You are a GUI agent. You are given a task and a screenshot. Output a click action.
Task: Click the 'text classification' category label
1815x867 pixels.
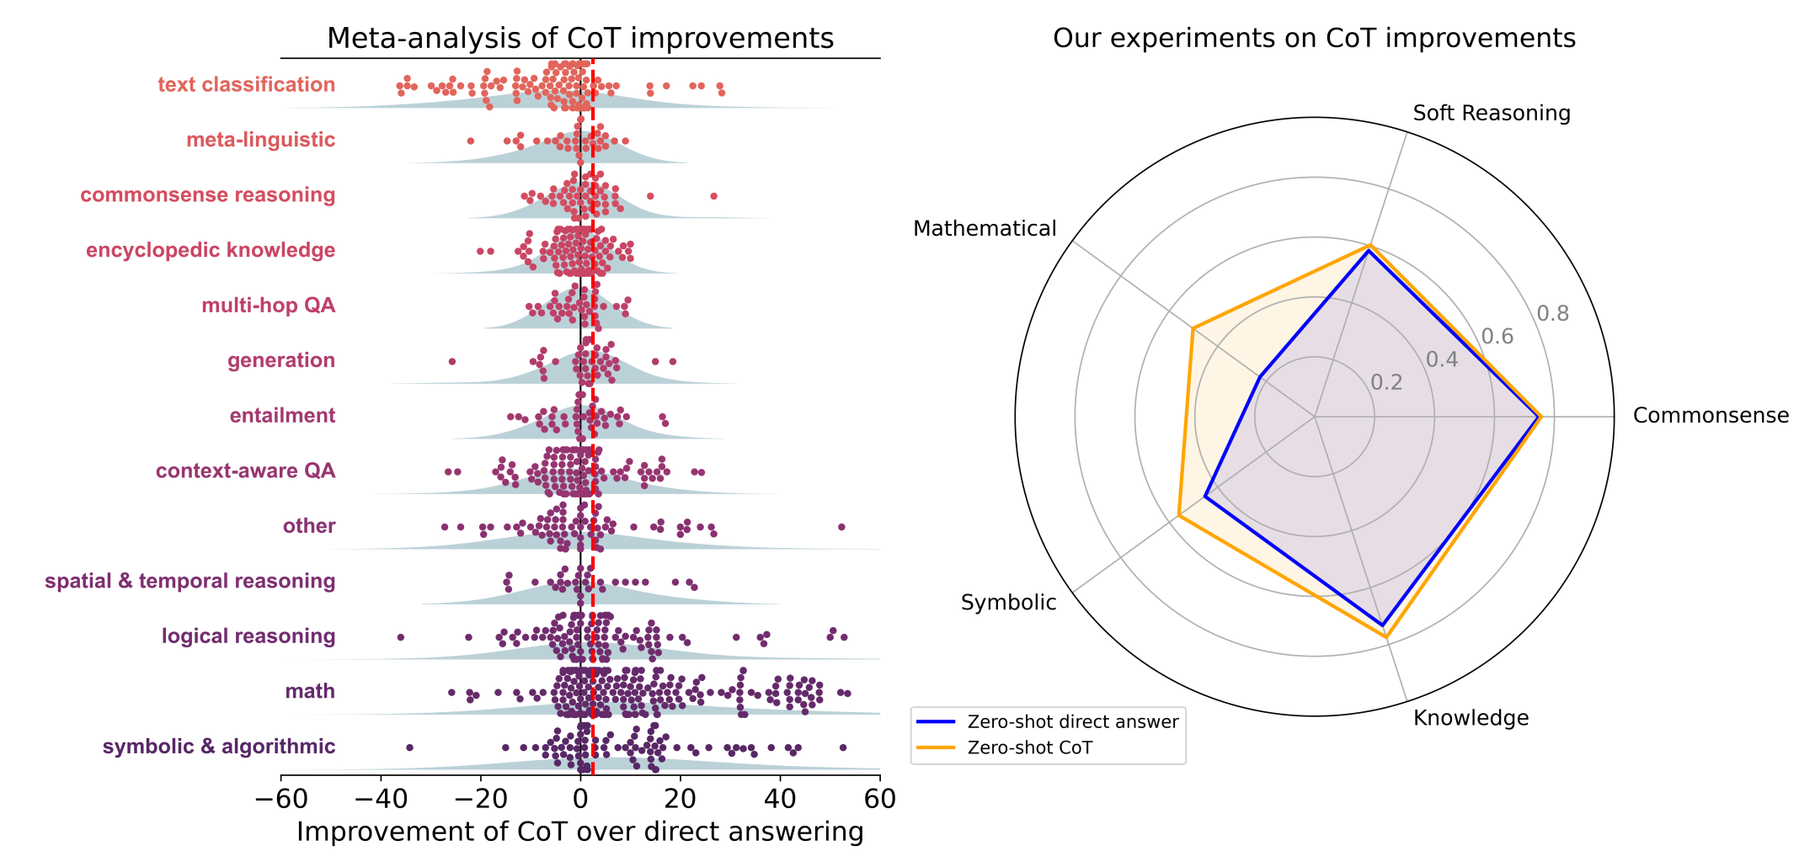coord(246,85)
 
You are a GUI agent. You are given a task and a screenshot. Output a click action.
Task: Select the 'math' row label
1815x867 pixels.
coord(310,692)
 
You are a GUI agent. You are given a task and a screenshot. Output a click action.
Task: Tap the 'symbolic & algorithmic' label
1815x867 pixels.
coord(219,747)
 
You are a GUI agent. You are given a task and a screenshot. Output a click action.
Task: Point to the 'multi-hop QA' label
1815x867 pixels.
coord(268,306)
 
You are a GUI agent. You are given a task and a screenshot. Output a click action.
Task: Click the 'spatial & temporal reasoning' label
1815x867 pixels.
coord(190,582)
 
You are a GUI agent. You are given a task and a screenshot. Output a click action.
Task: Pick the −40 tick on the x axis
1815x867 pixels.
coord(380,798)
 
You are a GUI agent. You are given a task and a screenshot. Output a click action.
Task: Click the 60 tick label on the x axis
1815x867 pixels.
coord(879,798)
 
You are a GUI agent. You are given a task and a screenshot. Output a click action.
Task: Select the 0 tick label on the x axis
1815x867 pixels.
coord(580,798)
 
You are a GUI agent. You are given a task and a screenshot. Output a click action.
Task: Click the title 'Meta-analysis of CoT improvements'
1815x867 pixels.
coord(580,39)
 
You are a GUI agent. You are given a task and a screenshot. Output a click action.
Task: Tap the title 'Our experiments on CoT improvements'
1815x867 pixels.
coord(1314,39)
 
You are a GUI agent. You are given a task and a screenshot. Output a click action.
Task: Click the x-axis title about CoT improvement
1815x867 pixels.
coord(580,832)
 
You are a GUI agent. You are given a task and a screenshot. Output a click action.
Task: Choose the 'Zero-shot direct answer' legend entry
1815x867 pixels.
coord(1072,722)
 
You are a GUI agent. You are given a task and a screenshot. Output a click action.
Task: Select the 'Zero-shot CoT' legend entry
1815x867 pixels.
coord(1029,748)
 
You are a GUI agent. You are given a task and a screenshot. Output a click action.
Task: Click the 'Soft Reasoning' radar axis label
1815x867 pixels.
coord(1492,114)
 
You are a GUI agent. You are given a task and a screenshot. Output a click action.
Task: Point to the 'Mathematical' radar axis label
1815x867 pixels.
coord(985,229)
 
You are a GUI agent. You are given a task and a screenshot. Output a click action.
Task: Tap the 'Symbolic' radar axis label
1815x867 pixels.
coord(1008,603)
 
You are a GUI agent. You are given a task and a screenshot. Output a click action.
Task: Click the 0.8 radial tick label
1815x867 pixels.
coord(1552,314)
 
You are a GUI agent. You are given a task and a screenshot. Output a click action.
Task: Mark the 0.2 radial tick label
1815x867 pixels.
coord(1386,383)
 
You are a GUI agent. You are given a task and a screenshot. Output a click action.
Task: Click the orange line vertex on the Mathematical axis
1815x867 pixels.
coord(1193,328)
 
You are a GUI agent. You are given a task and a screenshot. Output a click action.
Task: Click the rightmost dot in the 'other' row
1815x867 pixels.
coord(841,527)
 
